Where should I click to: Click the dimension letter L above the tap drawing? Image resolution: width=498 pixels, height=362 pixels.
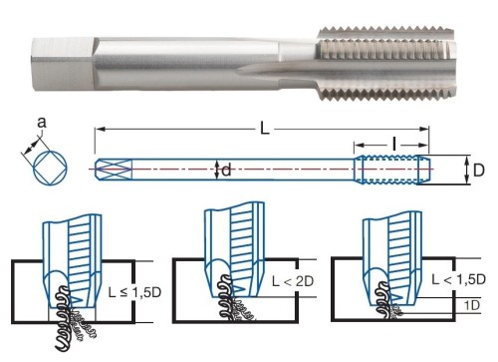264,129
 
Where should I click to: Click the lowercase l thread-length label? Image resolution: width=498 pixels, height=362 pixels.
394,145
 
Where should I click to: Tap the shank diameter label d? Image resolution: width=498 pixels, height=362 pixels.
226,171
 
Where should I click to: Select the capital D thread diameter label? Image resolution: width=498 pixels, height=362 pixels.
478,171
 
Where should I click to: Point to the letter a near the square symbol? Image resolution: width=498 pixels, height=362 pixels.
42,123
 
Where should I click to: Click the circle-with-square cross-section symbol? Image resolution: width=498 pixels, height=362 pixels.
50,168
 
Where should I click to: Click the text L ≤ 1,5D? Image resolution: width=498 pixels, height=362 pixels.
134,292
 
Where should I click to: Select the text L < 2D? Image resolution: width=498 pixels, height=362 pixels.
293,281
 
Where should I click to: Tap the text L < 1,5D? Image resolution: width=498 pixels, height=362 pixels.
458,279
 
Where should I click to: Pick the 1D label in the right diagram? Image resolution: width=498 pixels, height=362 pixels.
472,305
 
